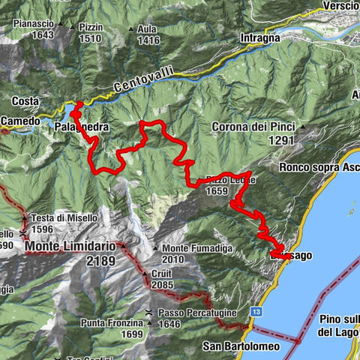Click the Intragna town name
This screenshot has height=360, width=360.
260,37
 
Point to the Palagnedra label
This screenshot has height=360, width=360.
82,127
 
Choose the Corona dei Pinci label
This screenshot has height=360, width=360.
253,127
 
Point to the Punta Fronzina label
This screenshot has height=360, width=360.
111,323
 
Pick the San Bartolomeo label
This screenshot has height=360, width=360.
241,346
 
